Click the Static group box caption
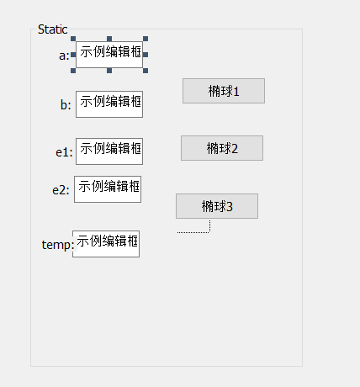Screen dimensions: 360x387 coord(53,29)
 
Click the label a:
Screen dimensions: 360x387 coord(64,56)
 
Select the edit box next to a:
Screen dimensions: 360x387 coord(109,55)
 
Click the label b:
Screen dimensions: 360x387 coord(66,105)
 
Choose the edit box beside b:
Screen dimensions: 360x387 coord(109,104)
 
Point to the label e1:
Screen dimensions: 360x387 coord(64,152)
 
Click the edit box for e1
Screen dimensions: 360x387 coord(109,151)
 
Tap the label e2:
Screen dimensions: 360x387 coord(61,190)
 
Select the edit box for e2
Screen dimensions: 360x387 coord(108,189)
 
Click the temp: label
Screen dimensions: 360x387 coord(58,245)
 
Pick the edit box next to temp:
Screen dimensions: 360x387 coord(106,244)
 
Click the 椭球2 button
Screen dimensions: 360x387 coord(222,148)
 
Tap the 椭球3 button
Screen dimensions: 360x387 coord(217,206)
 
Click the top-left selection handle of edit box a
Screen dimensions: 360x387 coord(73,39)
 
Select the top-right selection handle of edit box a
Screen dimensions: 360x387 coord(146,39)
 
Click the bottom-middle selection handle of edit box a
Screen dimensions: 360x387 coord(109,71)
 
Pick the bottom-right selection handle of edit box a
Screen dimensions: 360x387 coord(146,71)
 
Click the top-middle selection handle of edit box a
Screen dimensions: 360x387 coord(109,39)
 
